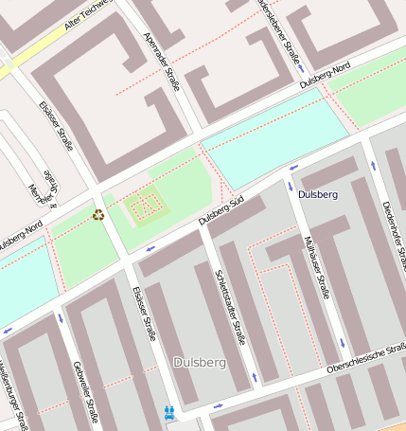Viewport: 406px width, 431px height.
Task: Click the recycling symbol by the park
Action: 98,214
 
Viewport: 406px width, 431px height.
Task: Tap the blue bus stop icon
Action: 169,412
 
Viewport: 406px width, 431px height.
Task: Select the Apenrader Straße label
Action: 160,56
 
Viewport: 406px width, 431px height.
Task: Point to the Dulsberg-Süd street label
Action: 222,211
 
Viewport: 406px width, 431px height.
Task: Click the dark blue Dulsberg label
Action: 317,194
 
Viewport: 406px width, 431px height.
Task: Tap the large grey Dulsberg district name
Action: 199,362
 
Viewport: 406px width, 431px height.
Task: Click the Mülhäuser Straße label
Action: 316,266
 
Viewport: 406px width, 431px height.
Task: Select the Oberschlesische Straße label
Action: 365,358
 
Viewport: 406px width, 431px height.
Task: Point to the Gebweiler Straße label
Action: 85,389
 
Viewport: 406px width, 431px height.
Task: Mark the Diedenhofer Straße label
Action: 392,208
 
